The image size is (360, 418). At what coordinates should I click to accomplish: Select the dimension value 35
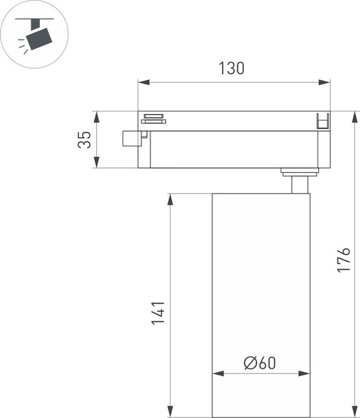[x=84, y=139]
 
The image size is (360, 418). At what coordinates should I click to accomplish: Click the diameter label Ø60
[x=260, y=362]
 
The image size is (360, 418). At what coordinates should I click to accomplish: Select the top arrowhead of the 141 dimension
[x=169, y=198]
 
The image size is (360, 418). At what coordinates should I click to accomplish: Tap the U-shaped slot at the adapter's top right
[x=322, y=121]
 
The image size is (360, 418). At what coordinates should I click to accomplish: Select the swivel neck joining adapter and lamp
[x=297, y=183]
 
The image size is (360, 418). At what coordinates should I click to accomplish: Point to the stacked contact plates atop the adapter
[x=153, y=118]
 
